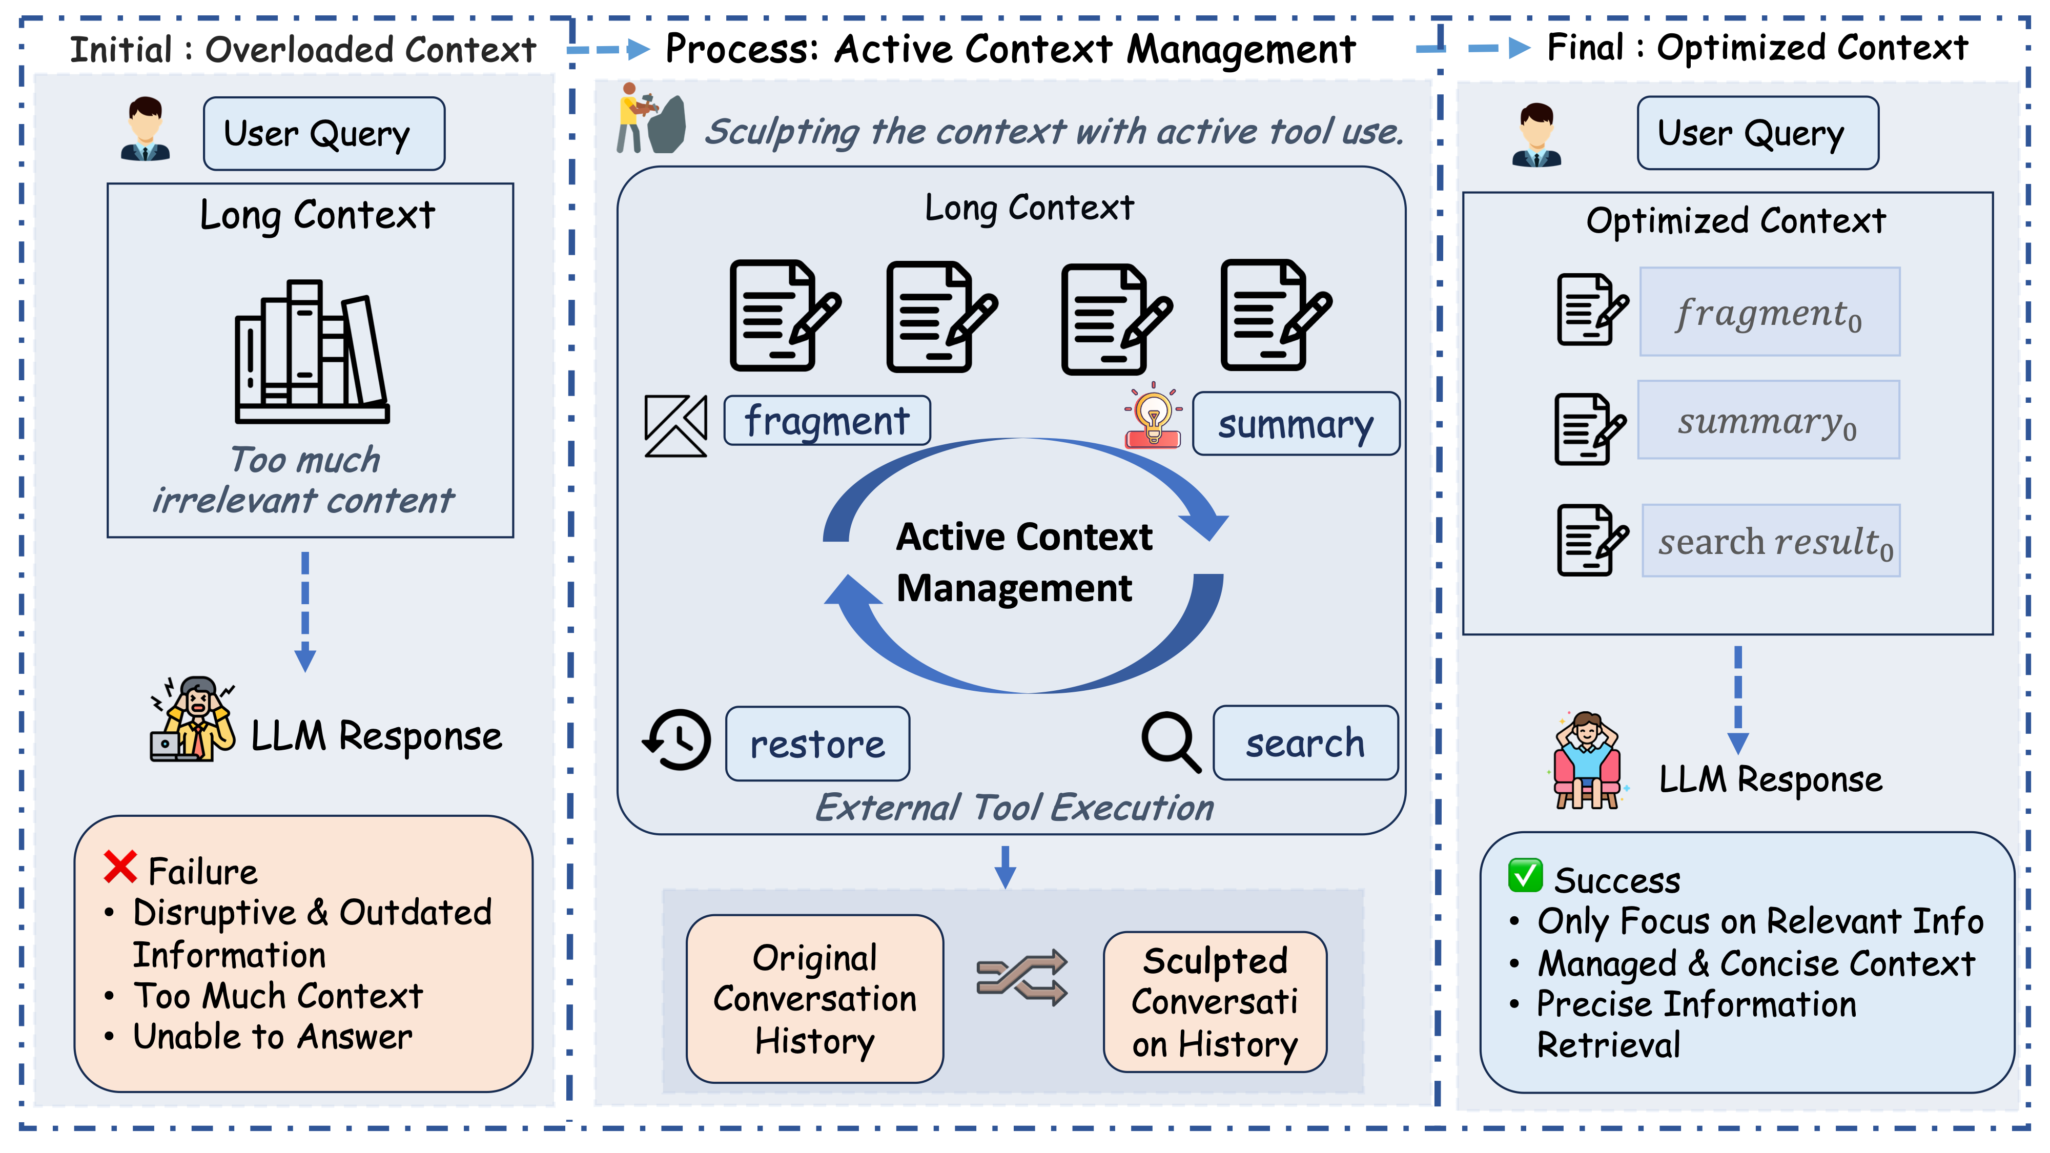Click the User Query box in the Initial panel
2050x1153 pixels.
(324, 134)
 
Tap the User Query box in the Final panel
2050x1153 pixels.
(1757, 133)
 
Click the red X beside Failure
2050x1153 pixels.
(120, 868)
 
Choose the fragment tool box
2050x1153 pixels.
(827, 421)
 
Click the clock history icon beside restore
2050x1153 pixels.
(676, 740)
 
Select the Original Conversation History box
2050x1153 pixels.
(814, 999)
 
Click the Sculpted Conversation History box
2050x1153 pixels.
(1215, 1002)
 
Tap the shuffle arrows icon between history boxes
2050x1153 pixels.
(1022, 977)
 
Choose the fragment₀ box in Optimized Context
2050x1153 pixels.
(1769, 312)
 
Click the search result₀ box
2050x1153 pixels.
(1771, 541)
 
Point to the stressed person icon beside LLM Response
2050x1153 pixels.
(193, 720)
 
